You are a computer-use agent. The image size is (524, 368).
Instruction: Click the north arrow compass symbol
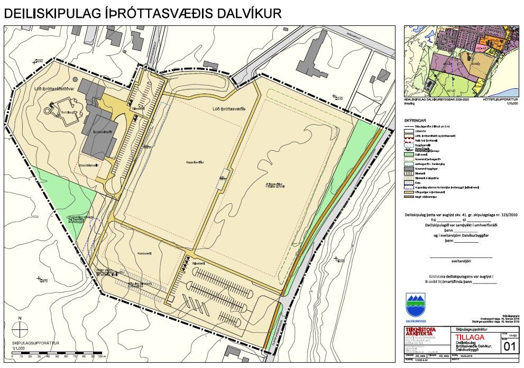click(x=20, y=329)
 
